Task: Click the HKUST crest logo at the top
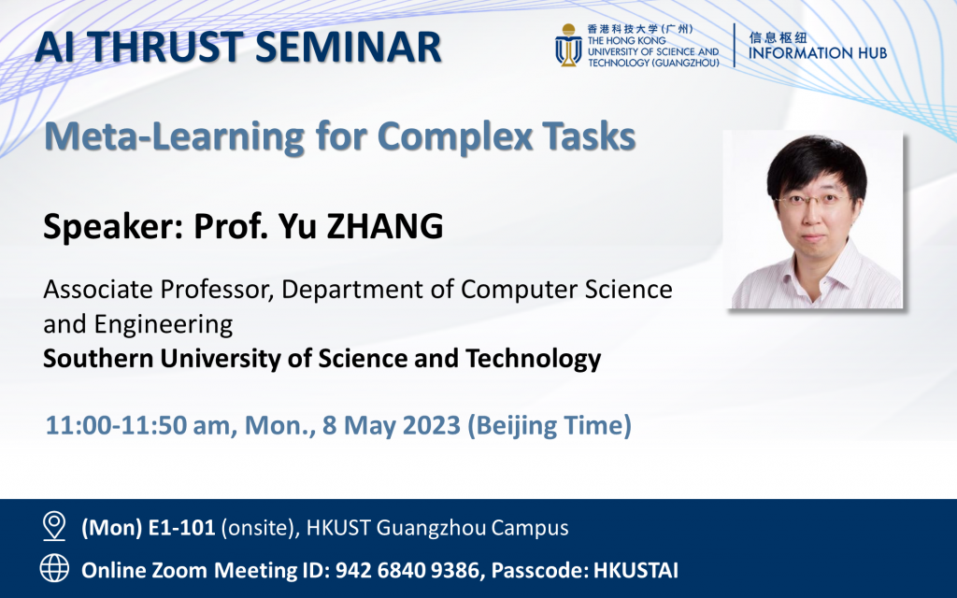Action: pos(567,45)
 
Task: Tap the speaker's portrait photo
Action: pos(815,221)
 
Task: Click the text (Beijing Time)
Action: pos(549,426)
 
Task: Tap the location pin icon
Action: pos(54,527)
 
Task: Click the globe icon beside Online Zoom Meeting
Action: pos(54,568)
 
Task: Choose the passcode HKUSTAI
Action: pos(636,569)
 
